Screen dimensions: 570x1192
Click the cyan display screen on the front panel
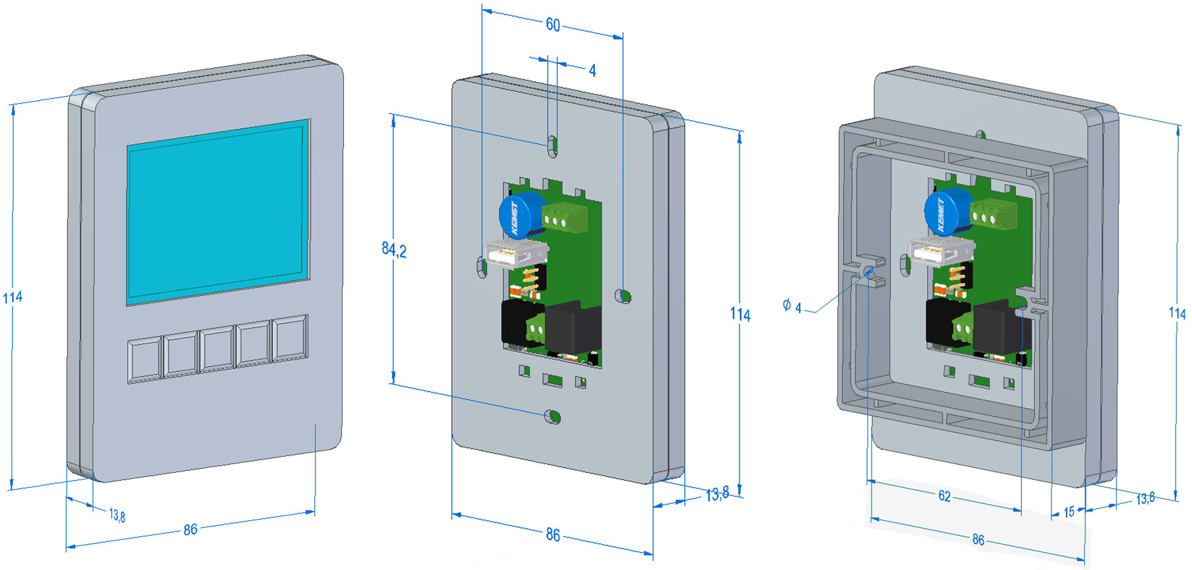pyautogui.click(x=217, y=212)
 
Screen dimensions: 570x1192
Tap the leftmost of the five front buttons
pyautogui.click(x=145, y=360)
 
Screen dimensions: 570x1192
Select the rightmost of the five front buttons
pyautogui.click(x=290, y=338)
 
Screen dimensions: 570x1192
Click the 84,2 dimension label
pyautogui.click(x=394, y=250)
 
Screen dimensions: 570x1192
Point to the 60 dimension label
pyautogui.click(x=553, y=25)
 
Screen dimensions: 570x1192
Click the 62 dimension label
pyautogui.click(x=944, y=496)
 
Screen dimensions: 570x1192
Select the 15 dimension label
pyautogui.click(x=1069, y=512)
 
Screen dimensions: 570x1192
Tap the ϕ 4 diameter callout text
pyautogui.click(x=792, y=306)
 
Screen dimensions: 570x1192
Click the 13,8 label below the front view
pyautogui.click(x=117, y=515)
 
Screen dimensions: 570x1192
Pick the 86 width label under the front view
pyautogui.click(x=190, y=530)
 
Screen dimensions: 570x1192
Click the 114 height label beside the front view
pyautogui.click(x=12, y=297)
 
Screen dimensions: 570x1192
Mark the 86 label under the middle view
pyautogui.click(x=553, y=535)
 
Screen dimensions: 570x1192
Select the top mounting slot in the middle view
pyautogui.click(x=552, y=146)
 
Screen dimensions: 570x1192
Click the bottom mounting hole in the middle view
pyautogui.click(x=553, y=416)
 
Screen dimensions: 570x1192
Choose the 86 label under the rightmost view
pyautogui.click(x=978, y=539)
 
